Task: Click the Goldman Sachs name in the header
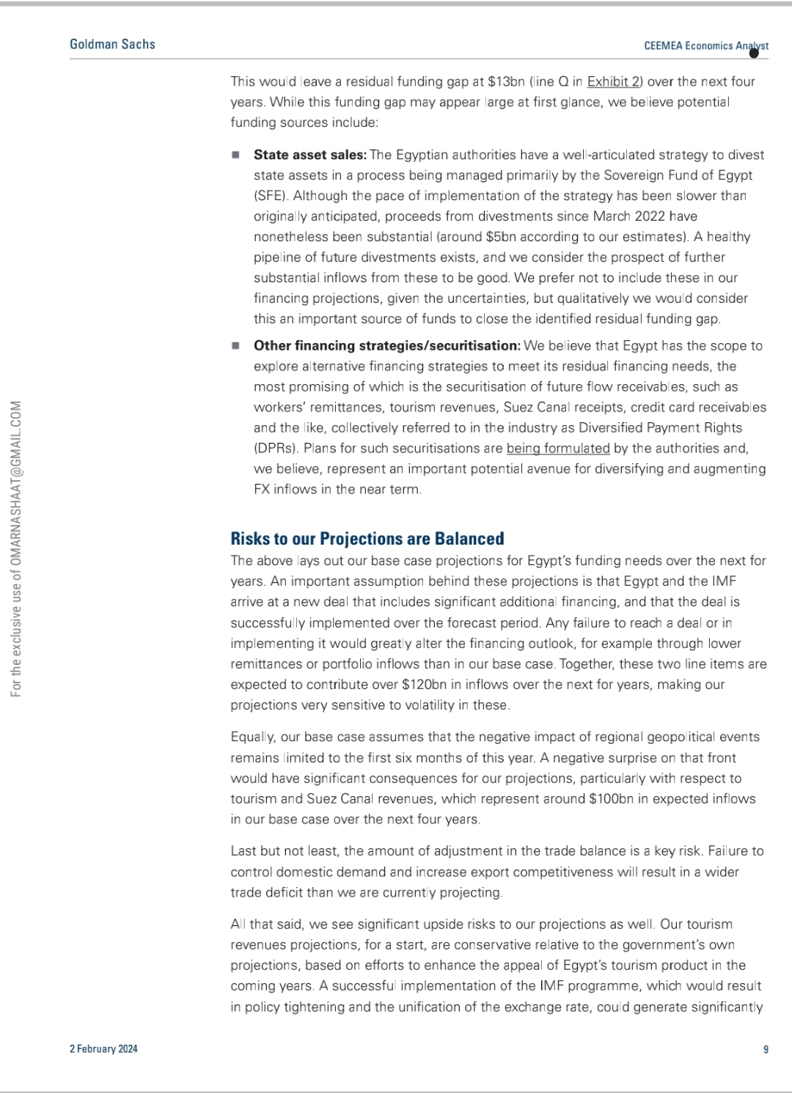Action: [x=112, y=44]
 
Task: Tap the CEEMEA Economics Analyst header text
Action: [x=705, y=45]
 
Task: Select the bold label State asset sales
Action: [x=309, y=155]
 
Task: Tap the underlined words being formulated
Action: [x=558, y=448]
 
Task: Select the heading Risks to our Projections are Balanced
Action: [x=367, y=539]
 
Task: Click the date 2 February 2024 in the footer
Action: [x=103, y=1049]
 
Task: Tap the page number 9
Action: [x=766, y=1049]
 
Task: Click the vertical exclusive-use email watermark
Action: [x=16, y=548]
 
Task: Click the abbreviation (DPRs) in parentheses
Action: [x=275, y=448]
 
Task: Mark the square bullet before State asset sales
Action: [x=235, y=155]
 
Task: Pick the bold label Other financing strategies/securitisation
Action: [x=386, y=345]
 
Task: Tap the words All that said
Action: [x=262, y=924]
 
